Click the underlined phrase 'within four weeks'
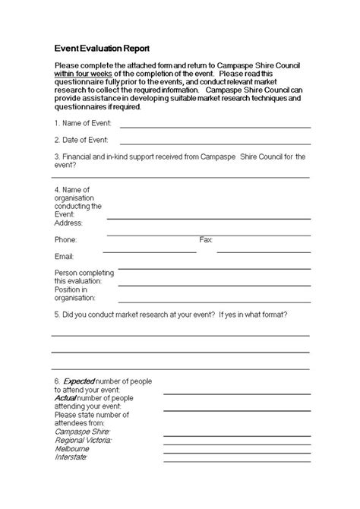pos(83,74)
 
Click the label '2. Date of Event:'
pos(81,140)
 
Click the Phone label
pos(65,239)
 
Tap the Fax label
pos(206,239)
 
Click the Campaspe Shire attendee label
pos(83,432)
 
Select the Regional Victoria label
pos(83,440)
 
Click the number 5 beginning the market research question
pos(56,315)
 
